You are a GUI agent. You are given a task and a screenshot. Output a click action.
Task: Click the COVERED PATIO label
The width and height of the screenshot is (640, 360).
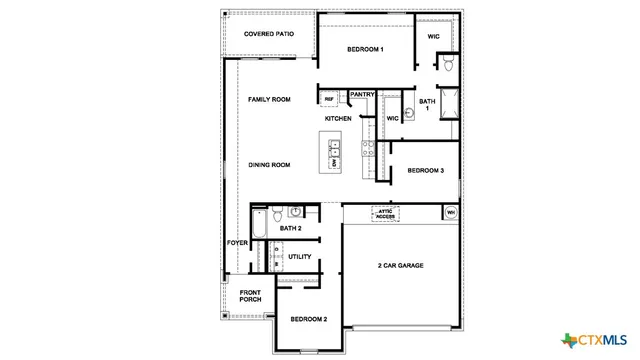268,34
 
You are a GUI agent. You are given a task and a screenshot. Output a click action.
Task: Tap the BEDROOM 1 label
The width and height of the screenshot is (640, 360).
366,49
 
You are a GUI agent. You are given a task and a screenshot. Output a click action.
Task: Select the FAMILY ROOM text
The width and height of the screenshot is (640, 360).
269,100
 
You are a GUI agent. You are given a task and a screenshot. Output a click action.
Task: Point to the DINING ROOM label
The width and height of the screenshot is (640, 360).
269,165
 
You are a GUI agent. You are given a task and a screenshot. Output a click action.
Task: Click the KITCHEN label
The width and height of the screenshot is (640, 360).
338,119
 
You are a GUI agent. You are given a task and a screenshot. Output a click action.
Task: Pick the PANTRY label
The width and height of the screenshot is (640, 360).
362,95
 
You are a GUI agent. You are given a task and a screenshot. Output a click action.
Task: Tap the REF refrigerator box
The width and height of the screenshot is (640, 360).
329,99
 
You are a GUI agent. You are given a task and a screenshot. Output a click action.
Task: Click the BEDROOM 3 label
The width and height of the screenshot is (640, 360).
425,171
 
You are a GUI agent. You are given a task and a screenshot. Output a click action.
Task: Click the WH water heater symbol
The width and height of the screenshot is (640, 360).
450,212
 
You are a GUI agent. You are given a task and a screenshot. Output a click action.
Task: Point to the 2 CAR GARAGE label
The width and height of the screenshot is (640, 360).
400,265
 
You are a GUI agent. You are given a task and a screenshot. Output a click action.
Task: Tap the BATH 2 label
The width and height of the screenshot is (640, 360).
291,229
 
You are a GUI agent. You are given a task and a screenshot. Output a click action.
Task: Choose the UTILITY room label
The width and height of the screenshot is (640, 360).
299,257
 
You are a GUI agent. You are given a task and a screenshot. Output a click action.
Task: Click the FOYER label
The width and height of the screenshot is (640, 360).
237,243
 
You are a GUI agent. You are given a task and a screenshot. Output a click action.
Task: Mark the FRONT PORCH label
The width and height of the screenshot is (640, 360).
250,297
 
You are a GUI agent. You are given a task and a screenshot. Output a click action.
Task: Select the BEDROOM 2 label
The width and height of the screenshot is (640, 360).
309,319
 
